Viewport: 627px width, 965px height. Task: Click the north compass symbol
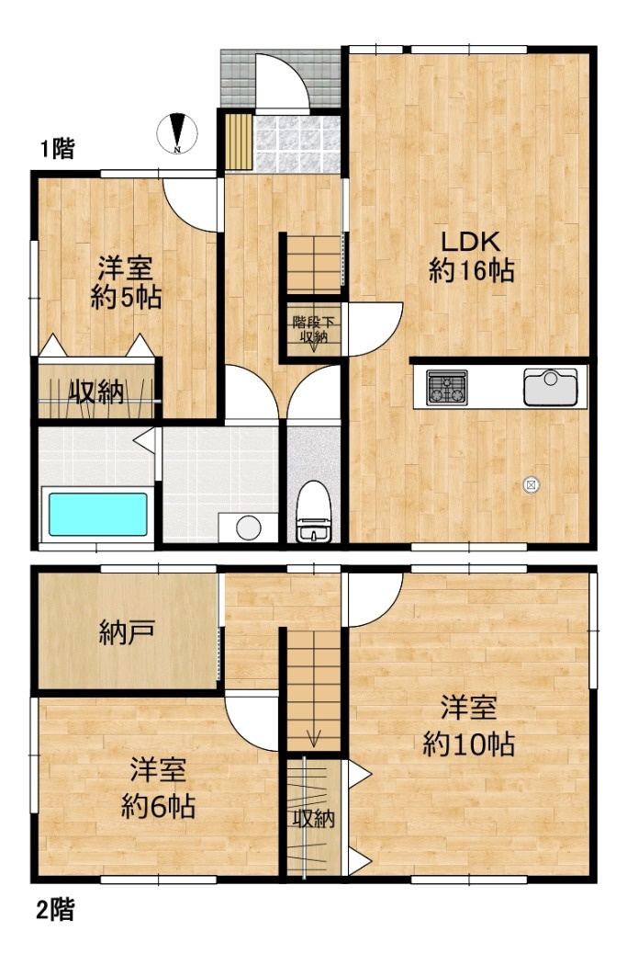tap(177, 133)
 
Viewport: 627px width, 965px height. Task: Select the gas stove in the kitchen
tap(447, 387)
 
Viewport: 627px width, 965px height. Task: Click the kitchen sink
tap(550, 387)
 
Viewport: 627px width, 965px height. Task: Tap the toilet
tap(314, 511)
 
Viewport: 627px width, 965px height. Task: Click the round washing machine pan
tap(249, 528)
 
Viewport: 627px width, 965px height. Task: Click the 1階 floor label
tap(57, 148)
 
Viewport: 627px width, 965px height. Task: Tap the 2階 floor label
tap(55, 910)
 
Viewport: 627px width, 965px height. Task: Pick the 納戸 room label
tap(127, 632)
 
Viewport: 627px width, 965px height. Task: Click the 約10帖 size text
tap(468, 744)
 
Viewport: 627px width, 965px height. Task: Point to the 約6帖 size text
tap(158, 806)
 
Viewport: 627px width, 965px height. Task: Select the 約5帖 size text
tap(126, 297)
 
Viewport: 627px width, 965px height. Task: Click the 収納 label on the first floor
tap(95, 392)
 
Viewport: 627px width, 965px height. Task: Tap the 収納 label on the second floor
tap(314, 819)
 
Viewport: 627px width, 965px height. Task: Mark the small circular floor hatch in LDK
tap(531, 485)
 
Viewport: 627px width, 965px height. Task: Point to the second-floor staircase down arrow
tap(314, 736)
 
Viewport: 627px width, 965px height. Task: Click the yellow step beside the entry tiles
tap(239, 142)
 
